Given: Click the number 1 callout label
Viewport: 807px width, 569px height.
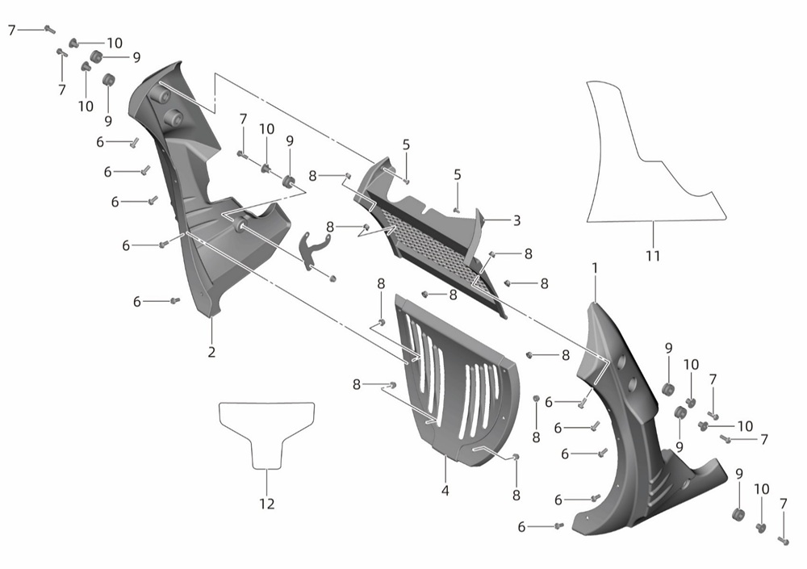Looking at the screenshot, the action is (595, 269).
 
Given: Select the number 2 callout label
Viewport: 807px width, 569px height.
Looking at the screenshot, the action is (211, 352).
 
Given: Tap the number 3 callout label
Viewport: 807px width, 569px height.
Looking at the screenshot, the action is (516, 220).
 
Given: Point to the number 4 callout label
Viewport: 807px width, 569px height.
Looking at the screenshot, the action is (445, 491).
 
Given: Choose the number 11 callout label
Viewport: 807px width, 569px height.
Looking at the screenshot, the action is (653, 255).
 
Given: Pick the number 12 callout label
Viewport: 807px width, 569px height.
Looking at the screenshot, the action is (267, 504).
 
